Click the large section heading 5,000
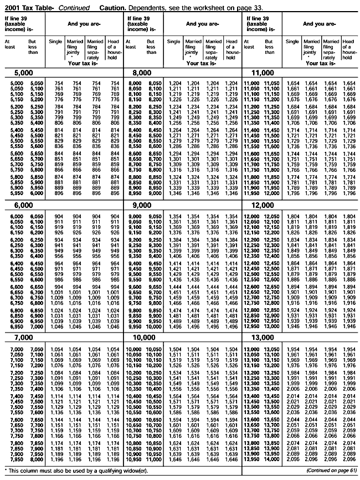(x=16, y=73)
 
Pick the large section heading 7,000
(x=16, y=337)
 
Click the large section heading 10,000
(x=140, y=337)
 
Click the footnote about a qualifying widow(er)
(x=61, y=472)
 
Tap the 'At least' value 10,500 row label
(x=135, y=416)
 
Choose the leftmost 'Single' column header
(x=55, y=42)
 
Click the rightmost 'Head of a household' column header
(x=348, y=49)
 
